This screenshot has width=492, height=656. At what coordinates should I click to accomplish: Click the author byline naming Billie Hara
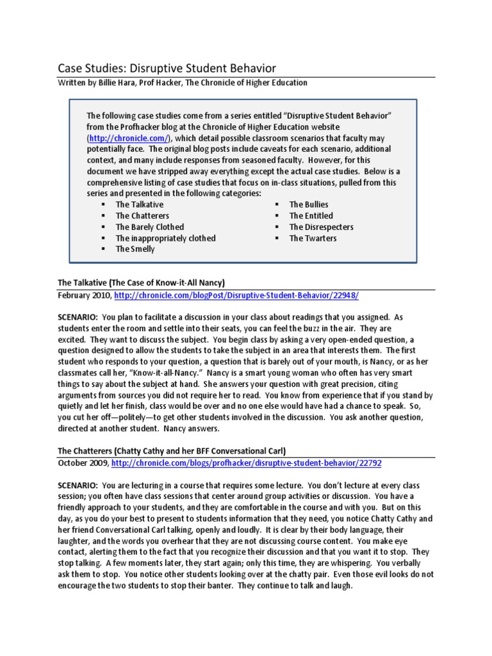(183, 83)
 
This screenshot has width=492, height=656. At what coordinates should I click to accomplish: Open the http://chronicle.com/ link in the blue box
(128, 138)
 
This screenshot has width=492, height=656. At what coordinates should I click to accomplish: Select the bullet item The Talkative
(139, 204)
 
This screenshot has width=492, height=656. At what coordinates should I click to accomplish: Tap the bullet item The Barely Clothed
(149, 227)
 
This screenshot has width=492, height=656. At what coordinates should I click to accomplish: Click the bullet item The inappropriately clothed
(165, 238)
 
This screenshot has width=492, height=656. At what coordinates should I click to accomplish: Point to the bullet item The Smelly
(135, 249)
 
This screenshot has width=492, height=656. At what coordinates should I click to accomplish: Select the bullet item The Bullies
(308, 204)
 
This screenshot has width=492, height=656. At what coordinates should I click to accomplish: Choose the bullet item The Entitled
(311, 216)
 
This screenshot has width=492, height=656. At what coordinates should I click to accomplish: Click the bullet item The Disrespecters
(321, 227)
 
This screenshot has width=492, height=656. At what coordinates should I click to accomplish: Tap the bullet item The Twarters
(313, 238)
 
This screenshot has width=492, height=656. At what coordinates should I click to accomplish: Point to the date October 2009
(82, 462)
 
